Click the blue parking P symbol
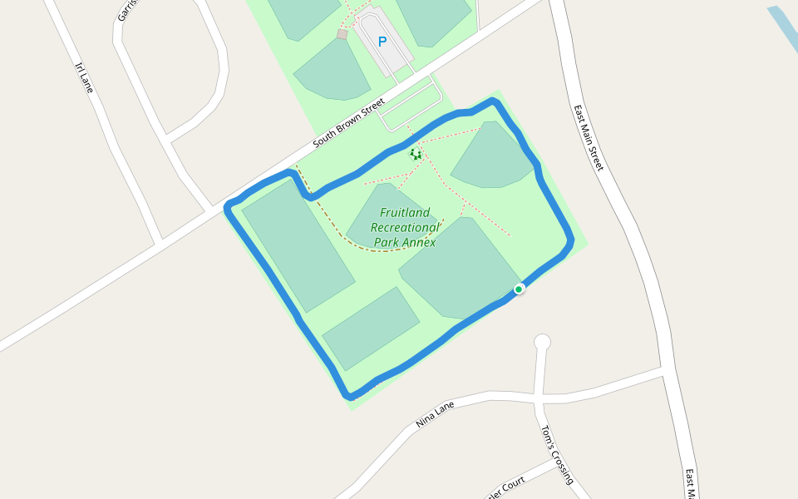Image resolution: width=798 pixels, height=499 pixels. [x=382, y=41]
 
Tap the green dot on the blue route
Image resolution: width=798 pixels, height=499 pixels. [x=519, y=289]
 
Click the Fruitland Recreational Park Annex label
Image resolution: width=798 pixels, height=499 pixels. [x=404, y=227]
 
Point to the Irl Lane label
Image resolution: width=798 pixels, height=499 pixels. [x=83, y=77]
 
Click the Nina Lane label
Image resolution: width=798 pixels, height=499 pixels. [x=436, y=413]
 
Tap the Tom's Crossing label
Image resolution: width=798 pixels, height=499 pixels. [x=557, y=455]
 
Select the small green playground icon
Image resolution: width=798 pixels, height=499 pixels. [x=416, y=154]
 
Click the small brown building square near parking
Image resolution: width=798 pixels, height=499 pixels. [x=342, y=34]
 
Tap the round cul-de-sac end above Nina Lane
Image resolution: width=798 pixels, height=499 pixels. [x=542, y=342]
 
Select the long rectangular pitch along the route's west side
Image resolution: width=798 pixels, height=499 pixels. [x=298, y=245]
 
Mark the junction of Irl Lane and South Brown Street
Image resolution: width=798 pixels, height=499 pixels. [x=158, y=244]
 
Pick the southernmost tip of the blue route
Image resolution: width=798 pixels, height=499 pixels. [x=351, y=397]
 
